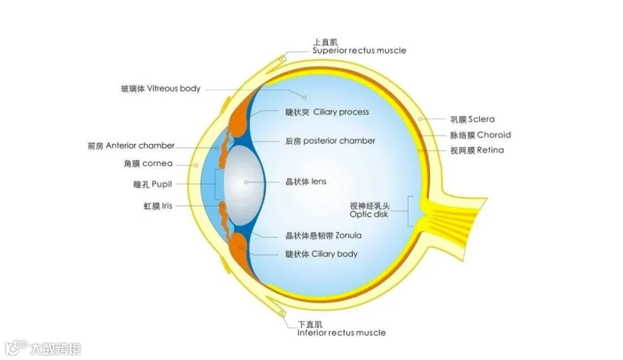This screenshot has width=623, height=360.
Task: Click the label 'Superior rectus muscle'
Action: [359, 50]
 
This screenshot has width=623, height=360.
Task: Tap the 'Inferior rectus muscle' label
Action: [341, 332]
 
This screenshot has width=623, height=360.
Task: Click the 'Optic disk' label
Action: [369, 214]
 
